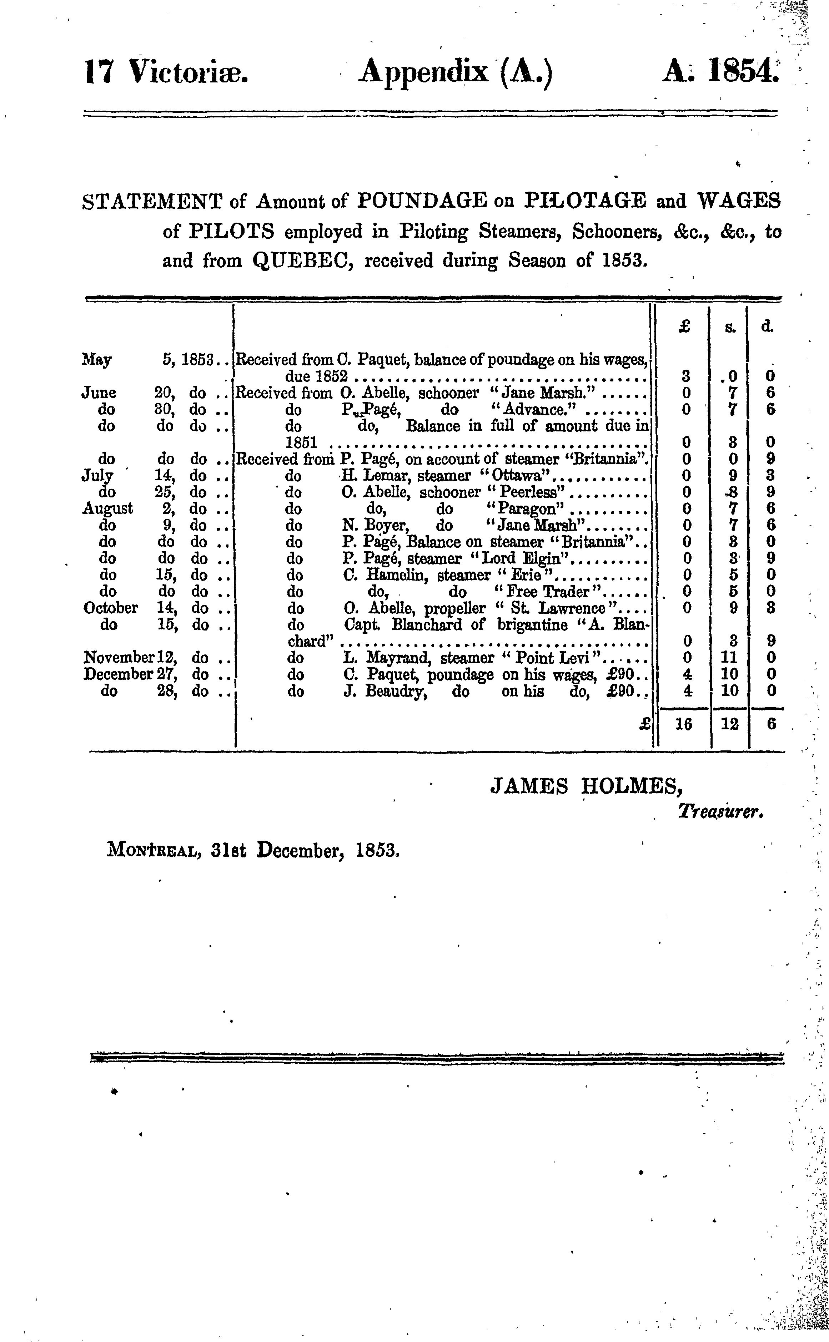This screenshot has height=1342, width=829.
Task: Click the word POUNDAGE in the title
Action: (x=422, y=202)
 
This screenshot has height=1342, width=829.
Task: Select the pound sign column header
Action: (x=683, y=327)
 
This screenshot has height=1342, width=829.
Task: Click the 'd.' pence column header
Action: (x=767, y=327)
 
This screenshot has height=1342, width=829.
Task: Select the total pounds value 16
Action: (x=683, y=724)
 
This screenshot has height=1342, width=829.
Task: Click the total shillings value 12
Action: (x=730, y=724)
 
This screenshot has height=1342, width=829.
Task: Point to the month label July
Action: (x=97, y=476)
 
